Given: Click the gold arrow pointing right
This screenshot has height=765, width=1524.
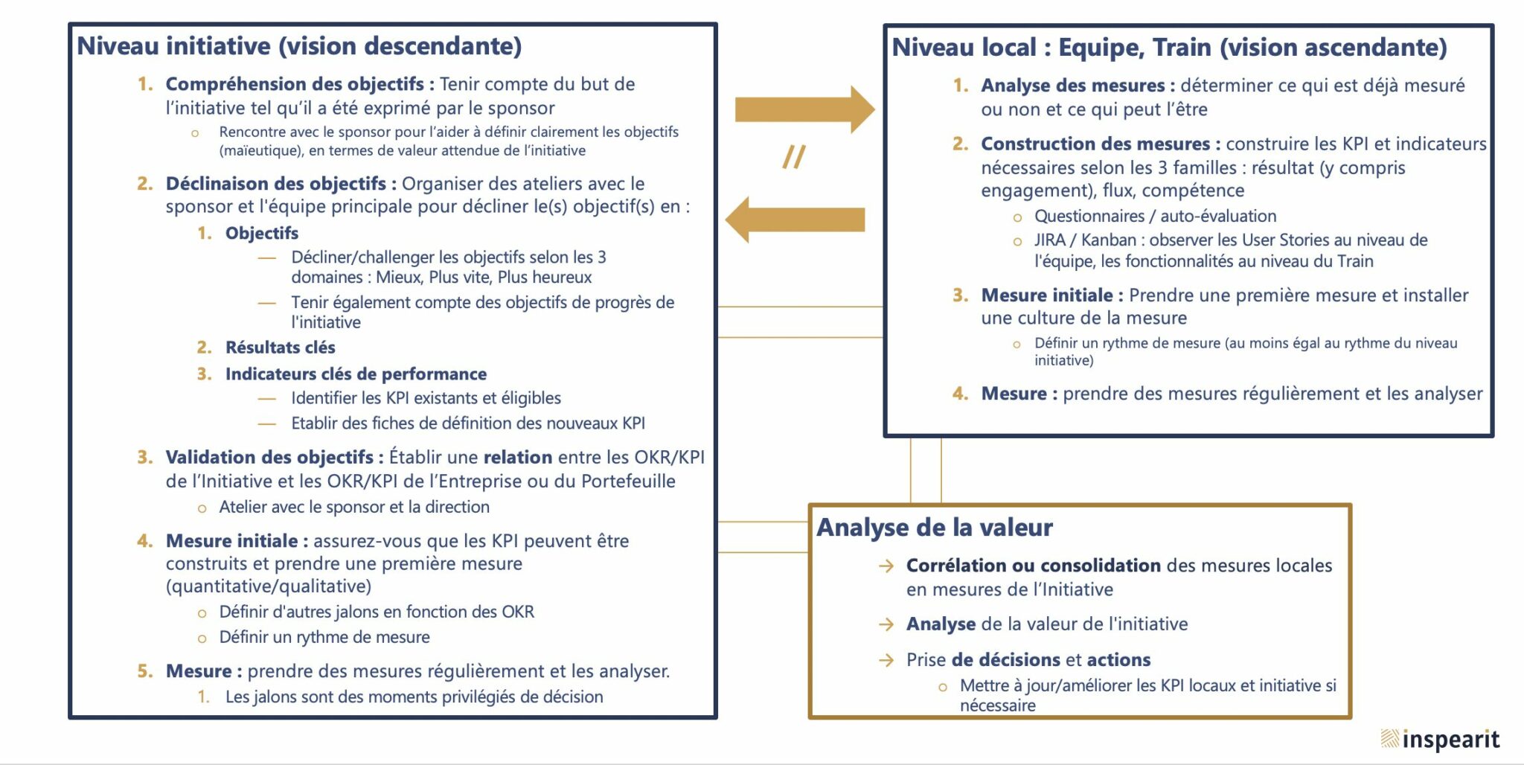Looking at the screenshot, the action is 804,109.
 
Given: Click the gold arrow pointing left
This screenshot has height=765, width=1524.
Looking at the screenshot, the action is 795,220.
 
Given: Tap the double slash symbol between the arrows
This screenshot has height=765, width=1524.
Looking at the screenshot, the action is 794,156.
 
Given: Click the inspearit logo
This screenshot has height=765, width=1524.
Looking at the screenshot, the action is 1440,739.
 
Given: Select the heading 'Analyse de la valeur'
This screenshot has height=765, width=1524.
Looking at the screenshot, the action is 935,528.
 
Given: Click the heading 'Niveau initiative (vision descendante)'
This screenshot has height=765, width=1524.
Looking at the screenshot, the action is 299,46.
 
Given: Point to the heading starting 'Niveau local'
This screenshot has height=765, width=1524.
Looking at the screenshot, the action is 1169,48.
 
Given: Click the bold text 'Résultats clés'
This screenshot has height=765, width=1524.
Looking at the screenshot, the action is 281,348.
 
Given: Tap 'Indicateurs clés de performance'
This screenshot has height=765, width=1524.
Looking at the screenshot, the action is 356,374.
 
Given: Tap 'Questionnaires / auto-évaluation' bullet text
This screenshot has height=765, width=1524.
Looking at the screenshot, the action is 1155,216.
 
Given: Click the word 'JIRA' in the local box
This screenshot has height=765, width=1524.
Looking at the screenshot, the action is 1049,240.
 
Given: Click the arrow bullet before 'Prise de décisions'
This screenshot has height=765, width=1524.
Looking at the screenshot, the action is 886,660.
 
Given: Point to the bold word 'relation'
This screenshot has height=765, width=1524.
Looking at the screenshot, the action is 518,457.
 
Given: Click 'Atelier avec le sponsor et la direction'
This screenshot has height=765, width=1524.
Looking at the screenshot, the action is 354,507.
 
